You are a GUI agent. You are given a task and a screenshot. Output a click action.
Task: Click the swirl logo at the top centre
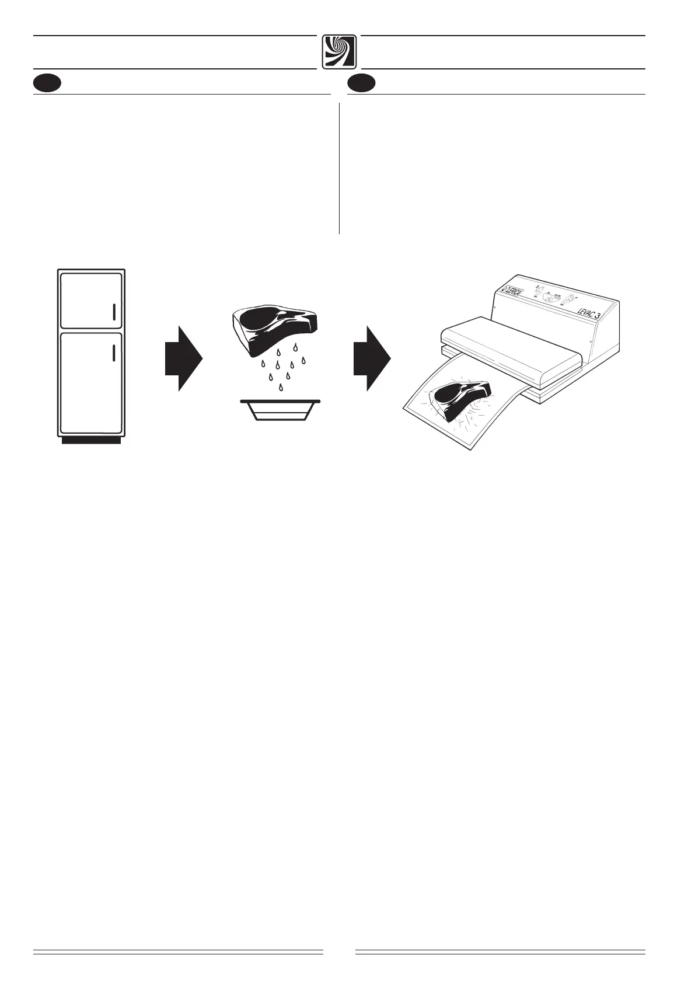pyautogui.click(x=339, y=51)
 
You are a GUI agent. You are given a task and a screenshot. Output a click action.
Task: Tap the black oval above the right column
pyautogui.click(x=362, y=83)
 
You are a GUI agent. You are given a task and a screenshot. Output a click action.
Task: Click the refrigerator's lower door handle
pyautogui.click(x=114, y=354)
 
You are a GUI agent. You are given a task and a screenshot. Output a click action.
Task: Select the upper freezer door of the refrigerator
pyautogui.click(x=90, y=300)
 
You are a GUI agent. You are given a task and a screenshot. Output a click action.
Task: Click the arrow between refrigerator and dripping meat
pyautogui.click(x=183, y=358)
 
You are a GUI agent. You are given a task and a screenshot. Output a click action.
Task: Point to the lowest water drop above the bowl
pyautogui.click(x=282, y=388)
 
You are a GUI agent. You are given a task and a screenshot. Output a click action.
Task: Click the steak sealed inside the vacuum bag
pyautogui.click(x=461, y=398)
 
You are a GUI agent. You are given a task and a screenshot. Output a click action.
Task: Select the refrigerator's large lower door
pyautogui.click(x=90, y=382)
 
